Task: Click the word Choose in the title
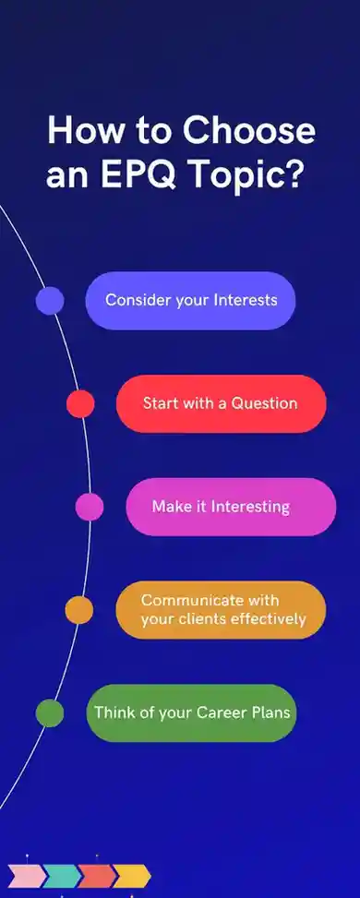[x=249, y=130]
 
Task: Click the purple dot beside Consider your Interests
[x=50, y=301]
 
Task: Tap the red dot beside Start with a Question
[x=80, y=403]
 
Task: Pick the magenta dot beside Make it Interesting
[x=90, y=507]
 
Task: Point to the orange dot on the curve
[x=79, y=609]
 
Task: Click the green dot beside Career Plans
[x=50, y=712]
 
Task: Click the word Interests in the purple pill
[x=246, y=300]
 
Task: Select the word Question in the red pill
[x=264, y=403]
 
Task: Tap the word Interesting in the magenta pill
[x=250, y=507]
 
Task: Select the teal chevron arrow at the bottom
[x=60, y=875]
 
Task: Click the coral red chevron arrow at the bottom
[x=95, y=875]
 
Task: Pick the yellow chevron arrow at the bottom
[x=131, y=875]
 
